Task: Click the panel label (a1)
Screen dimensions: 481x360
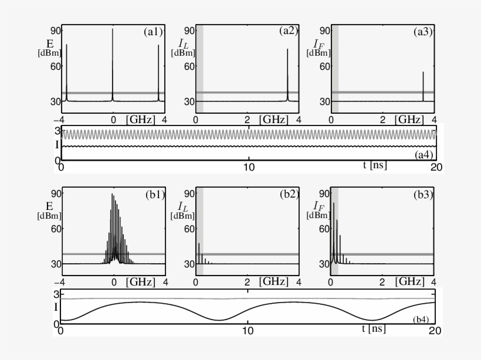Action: click(153, 32)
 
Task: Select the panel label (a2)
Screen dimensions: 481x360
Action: click(289, 31)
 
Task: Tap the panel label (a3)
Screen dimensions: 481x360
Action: click(423, 32)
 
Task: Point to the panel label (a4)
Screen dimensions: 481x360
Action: click(424, 155)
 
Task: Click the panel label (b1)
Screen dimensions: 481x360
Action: click(155, 195)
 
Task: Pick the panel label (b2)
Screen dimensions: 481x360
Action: click(289, 195)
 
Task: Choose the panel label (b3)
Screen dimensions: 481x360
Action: click(424, 195)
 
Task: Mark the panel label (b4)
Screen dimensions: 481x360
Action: click(421, 320)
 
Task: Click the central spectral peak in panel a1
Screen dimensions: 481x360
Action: click(113, 64)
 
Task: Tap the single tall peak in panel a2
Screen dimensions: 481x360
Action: click(287, 74)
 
